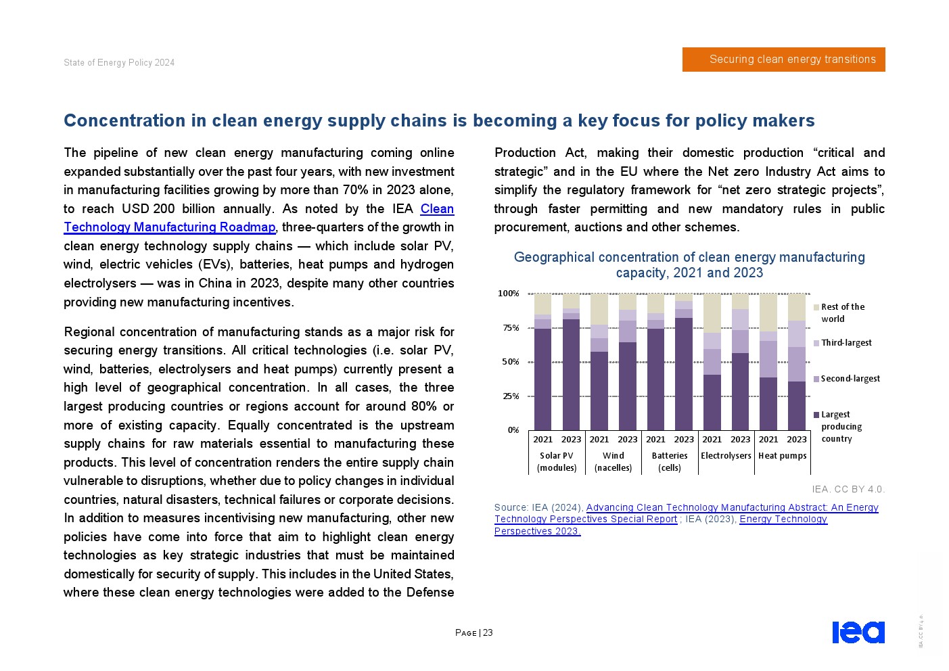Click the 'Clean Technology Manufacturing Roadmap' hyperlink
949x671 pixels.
pyautogui.click(x=169, y=227)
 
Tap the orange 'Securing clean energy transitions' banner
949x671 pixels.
pyautogui.click(x=783, y=60)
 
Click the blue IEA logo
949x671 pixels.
pyautogui.click(x=858, y=632)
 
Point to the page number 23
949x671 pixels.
pyautogui.click(x=488, y=633)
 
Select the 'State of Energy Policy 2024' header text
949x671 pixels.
pyautogui.click(x=119, y=63)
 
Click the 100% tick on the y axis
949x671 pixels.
pyautogui.click(x=509, y=294)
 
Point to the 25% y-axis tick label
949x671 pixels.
pyautogui.click(x=511, y=396)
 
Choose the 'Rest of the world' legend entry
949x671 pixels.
pyautogui.click(x=841, y=313)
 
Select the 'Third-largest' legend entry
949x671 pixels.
pyautogui.click(x=846, y=343)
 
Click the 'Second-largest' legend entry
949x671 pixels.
pyautogui.click(x=850, y=379)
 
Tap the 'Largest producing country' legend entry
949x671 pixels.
pyautogui.click(x=841, y=427)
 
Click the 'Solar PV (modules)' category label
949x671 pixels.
pyautogui.click(x=557, y=461)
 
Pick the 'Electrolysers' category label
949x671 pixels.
pyautogui.click(x=726, y=456)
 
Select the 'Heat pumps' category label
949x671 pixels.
pyautogui.click(x=783, y=456)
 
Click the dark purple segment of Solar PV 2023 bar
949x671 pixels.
pyautogui.click(x=571, y=375)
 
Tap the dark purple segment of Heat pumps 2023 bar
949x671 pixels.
pyautogui.click(x=797, y=406)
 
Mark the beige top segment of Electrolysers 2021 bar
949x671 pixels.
pyautogui.click(x=712, y=313)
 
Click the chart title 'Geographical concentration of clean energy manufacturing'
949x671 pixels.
pyautogui.click(x=689, y=258)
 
